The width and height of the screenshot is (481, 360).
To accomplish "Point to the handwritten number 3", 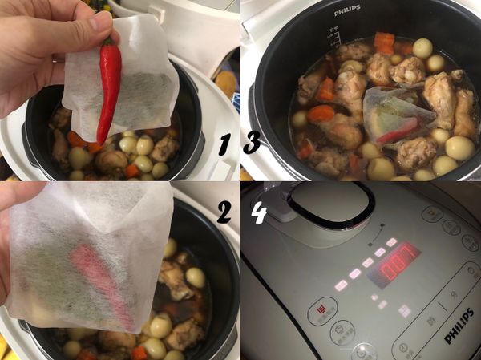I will (x=251, y=144).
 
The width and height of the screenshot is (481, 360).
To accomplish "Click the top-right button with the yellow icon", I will (x=433, y=214).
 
